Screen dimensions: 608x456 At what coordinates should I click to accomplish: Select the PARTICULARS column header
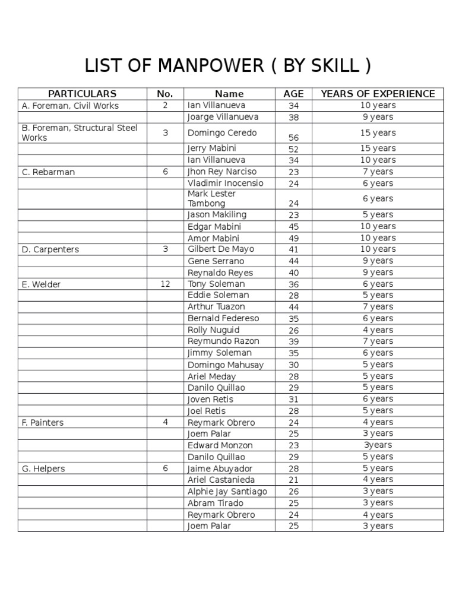coord(82,94)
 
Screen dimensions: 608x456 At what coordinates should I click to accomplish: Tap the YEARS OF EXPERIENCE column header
coord(378,94)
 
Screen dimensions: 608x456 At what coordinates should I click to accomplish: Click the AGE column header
coord(293,94)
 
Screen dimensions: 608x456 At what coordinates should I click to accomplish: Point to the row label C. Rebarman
coord(49,172)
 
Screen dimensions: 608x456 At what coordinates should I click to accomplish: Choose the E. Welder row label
coord(41,284)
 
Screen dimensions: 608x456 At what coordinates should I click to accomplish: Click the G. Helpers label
coord(43,469)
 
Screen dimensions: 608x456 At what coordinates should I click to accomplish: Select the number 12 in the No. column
coord(165,284)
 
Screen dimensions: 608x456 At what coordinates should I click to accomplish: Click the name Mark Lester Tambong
coord(212,198)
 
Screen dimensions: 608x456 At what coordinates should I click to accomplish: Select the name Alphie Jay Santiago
coord(227,492)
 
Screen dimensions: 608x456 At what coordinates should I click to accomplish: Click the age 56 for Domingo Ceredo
coord(293,137)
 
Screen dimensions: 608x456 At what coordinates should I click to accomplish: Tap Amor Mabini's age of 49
coord(293,238)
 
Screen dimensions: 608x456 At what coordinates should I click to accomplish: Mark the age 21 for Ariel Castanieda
coord(293,480)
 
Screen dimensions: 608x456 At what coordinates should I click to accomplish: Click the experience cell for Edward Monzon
coord(378,445)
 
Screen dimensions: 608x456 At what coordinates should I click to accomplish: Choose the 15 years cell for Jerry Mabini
coord(378,148)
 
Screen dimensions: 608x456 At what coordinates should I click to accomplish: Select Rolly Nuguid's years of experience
coord(378,330)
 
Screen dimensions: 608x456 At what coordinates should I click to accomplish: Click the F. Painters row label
coord(43,423)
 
